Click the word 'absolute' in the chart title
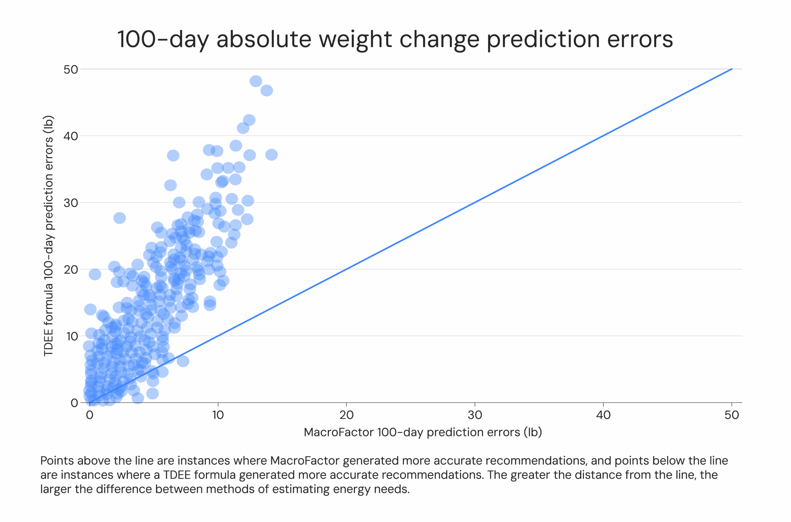[264, 39]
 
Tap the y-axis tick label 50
[70, 70]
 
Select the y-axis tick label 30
[70, 203]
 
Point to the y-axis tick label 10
[72, 336]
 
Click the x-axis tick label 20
[346, 415]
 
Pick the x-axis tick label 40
[603, 415]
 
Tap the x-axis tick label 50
[731, 415]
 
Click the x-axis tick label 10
[218, 415]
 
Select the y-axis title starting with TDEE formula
[49, 236]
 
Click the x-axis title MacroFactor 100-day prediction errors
[423, 432]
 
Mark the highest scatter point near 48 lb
[256, 81]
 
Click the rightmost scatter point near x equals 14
[271, 155]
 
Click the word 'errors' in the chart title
[640, 39]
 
